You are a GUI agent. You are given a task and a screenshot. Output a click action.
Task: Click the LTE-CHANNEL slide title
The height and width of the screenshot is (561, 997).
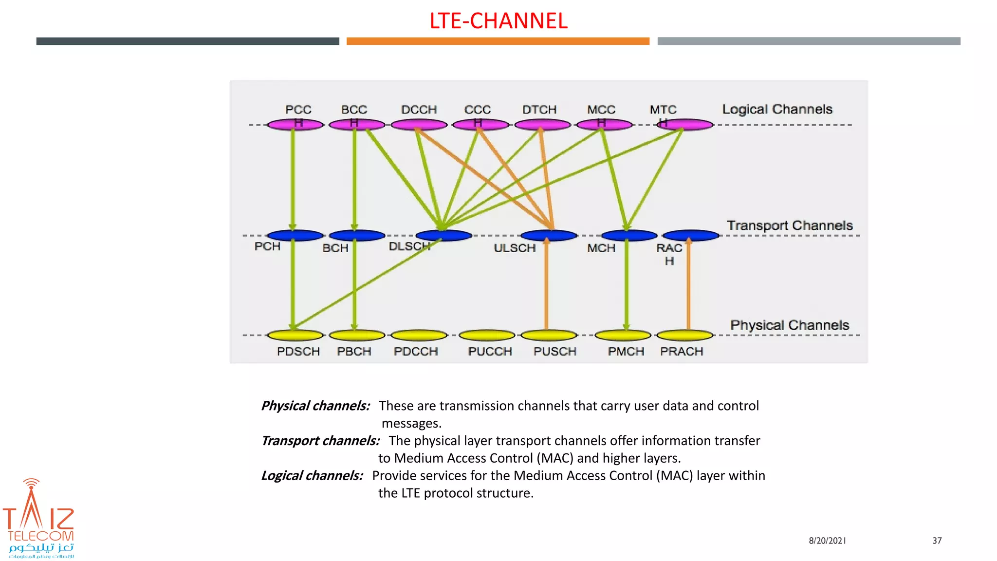pyautogui.click(x=498, y=21)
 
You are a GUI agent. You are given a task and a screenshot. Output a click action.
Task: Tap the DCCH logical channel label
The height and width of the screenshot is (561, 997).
pyautogui.click(x=419, y=110)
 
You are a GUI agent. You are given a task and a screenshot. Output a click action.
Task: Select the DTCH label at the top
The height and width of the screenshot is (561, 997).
pyautogui.click(x=539, y=110)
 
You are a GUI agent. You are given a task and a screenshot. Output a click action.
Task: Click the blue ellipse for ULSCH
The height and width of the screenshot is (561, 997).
pyautogui.click(x=549, y=236)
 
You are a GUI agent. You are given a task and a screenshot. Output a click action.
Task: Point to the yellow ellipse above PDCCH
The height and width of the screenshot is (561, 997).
pyautogui.click(x=419, y=335)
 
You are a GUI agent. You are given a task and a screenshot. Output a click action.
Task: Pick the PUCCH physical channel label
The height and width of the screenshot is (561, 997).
pyautogui.click(x=490, y=352)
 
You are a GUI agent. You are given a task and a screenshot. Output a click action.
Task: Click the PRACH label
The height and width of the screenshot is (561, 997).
pyautogui.click(x=681, y=352)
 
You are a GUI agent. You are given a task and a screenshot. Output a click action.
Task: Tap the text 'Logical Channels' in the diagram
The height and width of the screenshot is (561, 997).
pyautogui.click(x=777, y=109)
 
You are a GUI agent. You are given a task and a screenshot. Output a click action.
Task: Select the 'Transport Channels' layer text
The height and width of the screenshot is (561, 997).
pyautogui.click(x=790, y=225)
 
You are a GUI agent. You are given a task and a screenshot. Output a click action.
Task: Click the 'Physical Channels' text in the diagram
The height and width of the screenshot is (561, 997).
pyautogui.click(x=789, y=325)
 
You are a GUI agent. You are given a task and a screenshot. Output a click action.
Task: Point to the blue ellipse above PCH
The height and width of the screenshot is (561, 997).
pyautogui.click(x=295, y=236)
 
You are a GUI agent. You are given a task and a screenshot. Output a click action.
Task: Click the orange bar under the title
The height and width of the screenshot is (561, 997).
pyautogui.click(x=498, y=41)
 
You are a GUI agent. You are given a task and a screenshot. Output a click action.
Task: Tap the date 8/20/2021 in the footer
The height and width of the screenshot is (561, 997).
pyautogui.click(x=827, y=541)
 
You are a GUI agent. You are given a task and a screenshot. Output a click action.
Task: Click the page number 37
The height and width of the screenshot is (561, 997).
pyautogui.click(x=937, y=541)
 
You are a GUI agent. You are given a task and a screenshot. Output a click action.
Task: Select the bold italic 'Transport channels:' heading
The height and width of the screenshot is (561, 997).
pyautogui.click(x=320, y=441)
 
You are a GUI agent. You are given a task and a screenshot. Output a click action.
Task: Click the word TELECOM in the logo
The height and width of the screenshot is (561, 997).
pyautogui.click(x=40, y=536)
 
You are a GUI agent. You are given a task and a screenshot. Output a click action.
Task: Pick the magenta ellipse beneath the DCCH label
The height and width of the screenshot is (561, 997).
pyautogui.click(x=419, y=125)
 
